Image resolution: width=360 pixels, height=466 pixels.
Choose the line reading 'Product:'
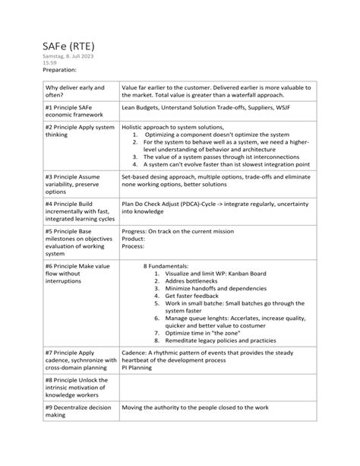[134, 239]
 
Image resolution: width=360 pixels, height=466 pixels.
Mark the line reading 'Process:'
[134, 246]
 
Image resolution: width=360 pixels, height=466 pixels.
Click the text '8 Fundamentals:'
[166, 265]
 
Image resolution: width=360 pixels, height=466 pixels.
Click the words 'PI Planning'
[138, 367]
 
